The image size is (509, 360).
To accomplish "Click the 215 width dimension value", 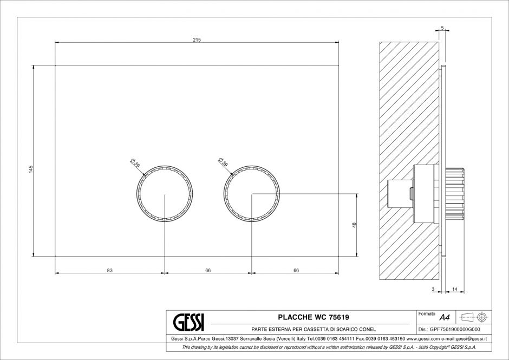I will click(x=197, y=40).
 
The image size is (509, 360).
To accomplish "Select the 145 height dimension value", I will click(x=31, y=169).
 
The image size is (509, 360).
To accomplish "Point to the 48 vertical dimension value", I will click(x=354, y=225).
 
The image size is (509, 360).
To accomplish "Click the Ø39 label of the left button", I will click(x=135, y=163).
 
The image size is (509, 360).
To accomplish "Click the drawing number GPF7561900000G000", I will click(x=453, y=329).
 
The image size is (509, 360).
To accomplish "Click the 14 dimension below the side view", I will click(x=454, y=290).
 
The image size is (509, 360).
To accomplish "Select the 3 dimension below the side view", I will click(x=433, y=290).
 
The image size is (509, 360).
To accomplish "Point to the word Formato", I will click(x=427, y=313).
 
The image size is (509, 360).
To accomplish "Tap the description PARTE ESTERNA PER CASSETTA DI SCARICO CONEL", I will click(x=313, y=329).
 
